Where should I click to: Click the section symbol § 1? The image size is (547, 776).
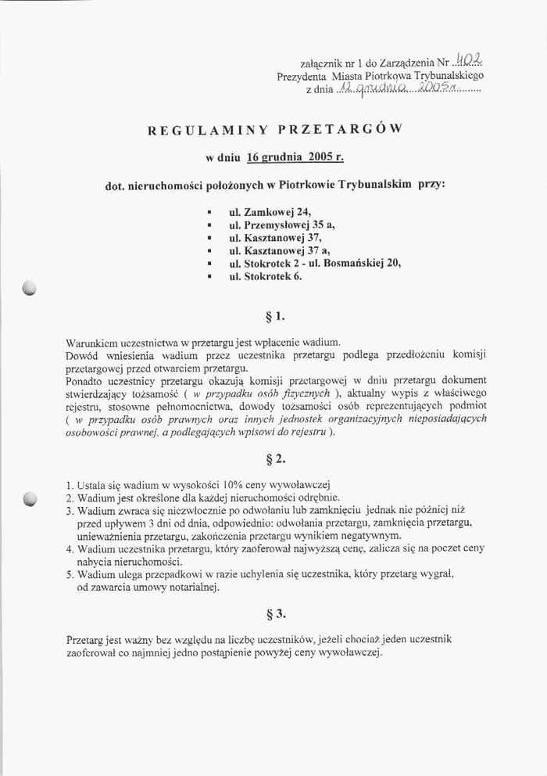click(x=276, y=317)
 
